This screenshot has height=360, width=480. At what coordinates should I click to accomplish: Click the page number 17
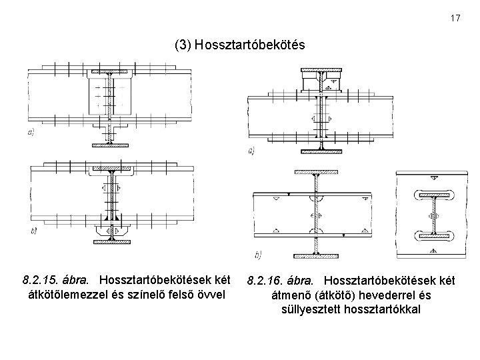[455, 18]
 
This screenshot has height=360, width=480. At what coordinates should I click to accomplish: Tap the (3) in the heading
[181, 45]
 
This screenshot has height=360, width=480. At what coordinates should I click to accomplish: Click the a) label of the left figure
[31, 133]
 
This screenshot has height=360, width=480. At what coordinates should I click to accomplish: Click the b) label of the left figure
[33, 231]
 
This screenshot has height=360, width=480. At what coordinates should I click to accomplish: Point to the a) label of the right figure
[251, 151]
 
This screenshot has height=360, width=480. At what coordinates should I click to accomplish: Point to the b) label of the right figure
[258, 253]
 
